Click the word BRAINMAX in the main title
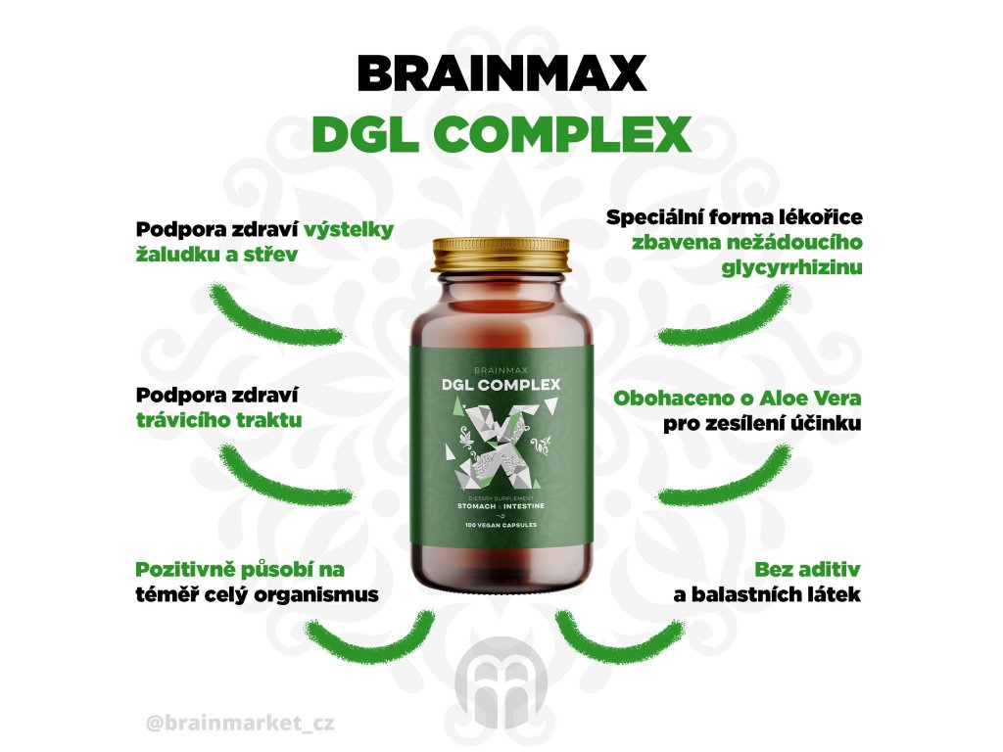coord(501,73)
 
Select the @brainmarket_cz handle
coord(239,726)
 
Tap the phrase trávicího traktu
coord(218,419)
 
